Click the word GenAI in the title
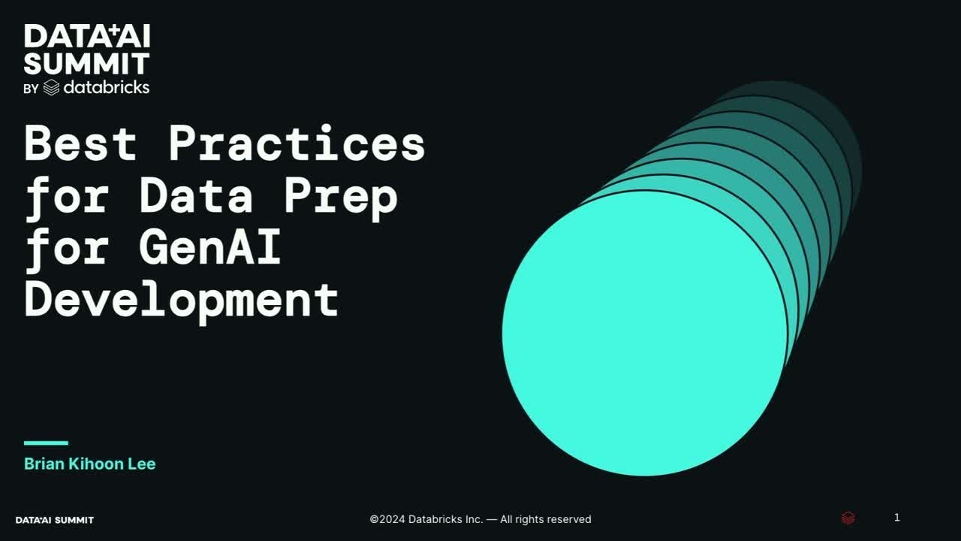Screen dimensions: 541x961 click(x=210, y=247)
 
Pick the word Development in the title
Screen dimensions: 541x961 click(x=182, y=299)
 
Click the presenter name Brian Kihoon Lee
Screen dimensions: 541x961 click(x=89, y=464)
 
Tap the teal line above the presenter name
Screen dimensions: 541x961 click(x=46, y=443)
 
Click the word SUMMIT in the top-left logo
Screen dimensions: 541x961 click(x=86, y=63)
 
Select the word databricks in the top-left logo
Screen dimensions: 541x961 click(x=106, y=87)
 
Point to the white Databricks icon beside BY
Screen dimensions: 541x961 click(x=51, y=88)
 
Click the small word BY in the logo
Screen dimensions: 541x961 click(x=31, y=89)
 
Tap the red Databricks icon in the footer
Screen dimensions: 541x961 click(x=848, y=518)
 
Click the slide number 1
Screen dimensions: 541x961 click(x=896, y=518)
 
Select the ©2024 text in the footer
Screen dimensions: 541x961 click(x=387, y=519)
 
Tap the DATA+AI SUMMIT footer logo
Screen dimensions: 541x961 click(x=55, y=520)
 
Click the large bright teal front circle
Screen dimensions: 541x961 click(x=644, y=333)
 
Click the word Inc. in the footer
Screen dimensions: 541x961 click(x=473, y=519)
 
